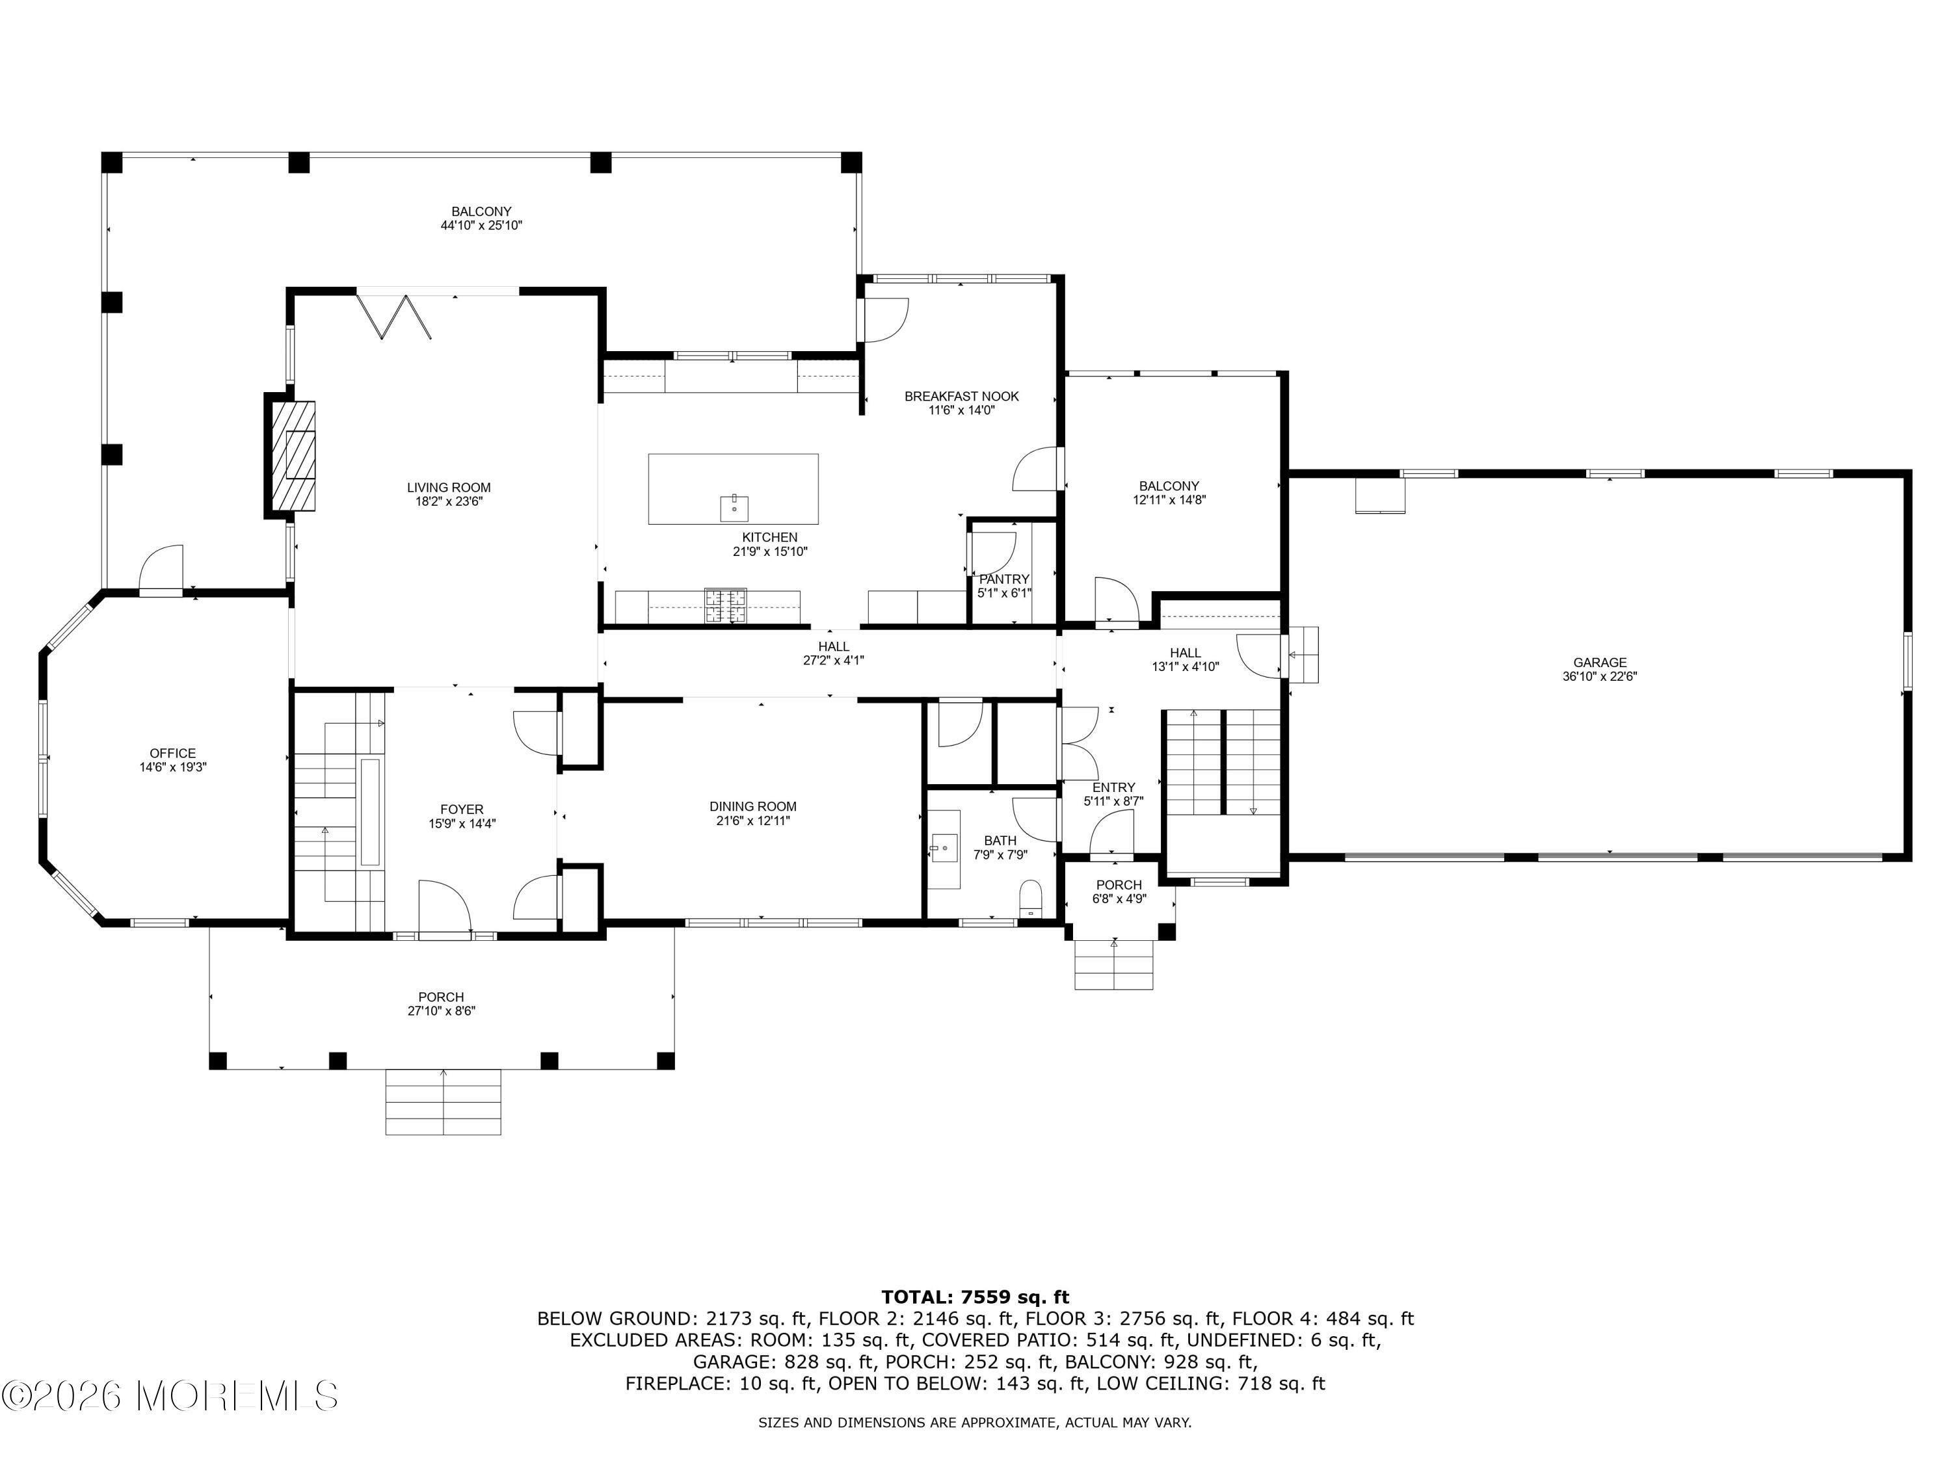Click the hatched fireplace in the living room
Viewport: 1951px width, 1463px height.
pos(292,455)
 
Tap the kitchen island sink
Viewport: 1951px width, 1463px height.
pos(734,508)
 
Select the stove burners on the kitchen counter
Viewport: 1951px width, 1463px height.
pos(725,606)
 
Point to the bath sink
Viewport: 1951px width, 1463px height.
pos(945,849)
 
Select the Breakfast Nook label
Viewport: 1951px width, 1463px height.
pos(961,397)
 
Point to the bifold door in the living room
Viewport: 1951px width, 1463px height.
pos(394,317)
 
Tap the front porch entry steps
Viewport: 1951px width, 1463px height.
pos(443,1101)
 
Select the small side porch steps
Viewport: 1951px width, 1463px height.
pos(1113,965)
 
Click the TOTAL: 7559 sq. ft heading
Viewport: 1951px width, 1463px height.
pos(975,1297)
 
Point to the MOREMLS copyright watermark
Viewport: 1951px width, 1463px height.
pos(169,1396)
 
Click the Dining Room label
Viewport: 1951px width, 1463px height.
pos(752,806)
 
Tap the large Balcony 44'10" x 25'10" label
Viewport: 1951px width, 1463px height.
pos(482,211)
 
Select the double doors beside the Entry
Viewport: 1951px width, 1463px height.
pos(1078,743)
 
